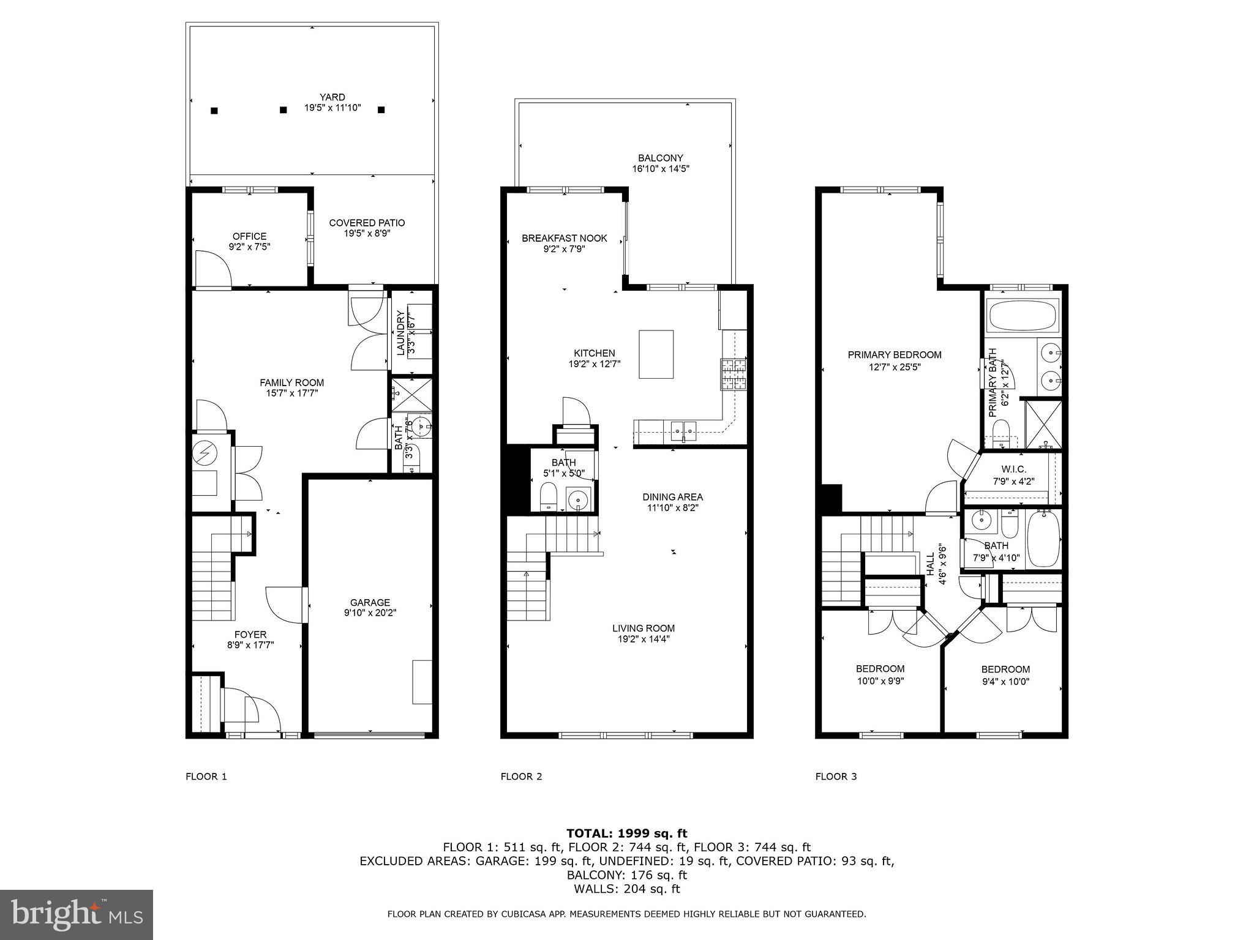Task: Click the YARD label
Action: pos(332,97)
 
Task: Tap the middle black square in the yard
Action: pos(283,110)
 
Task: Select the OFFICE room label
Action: pos(249,236)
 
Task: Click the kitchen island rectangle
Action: pos(656,354)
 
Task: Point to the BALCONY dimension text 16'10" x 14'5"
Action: pos(661,168)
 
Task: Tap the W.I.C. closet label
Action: pos(1013,469)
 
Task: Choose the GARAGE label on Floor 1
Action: pos(370,602)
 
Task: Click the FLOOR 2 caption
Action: pos(521,777)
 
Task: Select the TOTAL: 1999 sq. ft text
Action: pos(626,833)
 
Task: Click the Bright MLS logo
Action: pos(77,915)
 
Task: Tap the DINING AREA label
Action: pos(672,497)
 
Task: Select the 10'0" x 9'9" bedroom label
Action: pos(880,680)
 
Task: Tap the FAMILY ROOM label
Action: pos(291,383)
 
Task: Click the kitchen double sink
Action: pos(682,430)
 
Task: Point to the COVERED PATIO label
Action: pos(367,223)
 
